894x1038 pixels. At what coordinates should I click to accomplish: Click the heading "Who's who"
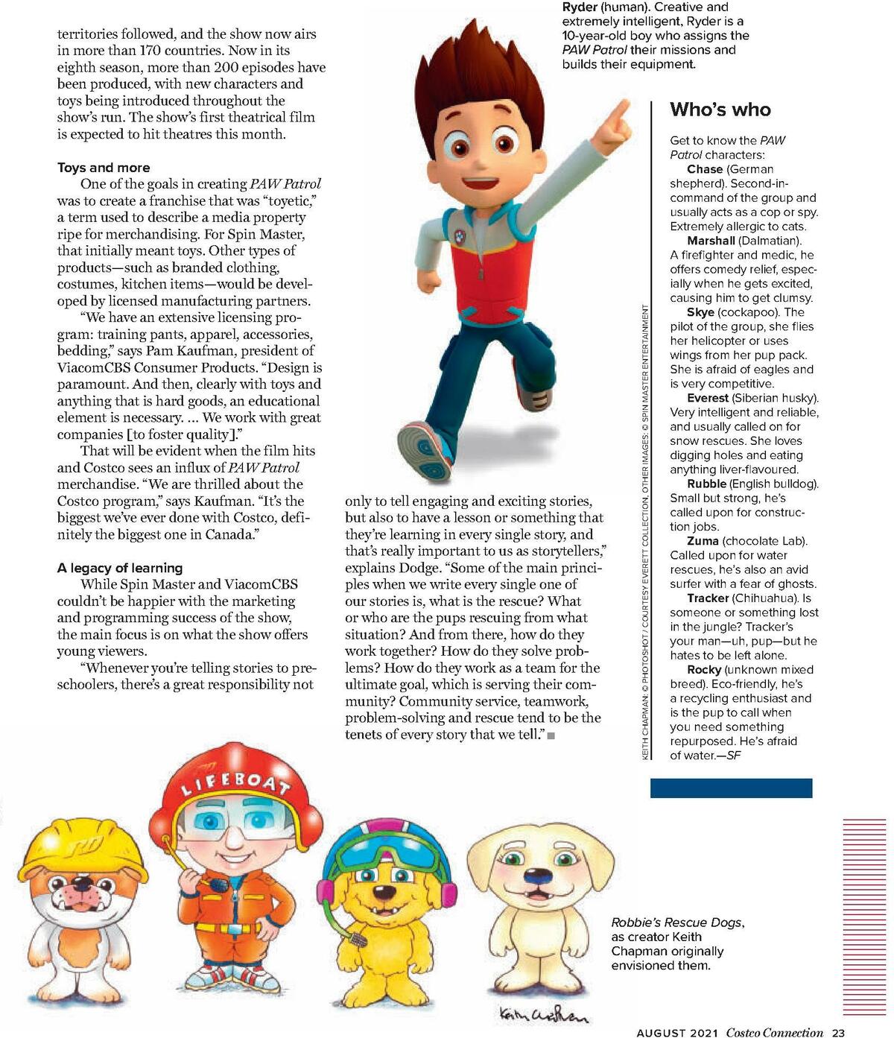(x=720, y=110)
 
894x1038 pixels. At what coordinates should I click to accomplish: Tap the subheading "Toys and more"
(x=104, y=168)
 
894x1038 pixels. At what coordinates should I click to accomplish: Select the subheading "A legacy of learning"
(x=119, y=568)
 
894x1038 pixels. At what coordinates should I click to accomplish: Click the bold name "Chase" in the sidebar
(x=704, y=169)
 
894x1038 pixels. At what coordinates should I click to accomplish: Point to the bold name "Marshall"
(x=711, y=241)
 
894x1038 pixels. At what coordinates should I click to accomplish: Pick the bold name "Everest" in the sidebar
(x=707, y=398)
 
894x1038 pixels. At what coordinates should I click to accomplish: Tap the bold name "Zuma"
(x=703, y=541)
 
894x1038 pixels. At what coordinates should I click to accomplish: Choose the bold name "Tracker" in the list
(x=708, y=598)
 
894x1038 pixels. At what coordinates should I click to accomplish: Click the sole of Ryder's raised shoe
(x=425, y=450)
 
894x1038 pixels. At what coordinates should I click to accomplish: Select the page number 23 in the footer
(x=838, y=1032)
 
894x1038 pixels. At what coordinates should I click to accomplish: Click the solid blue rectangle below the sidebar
(x=731, y=788)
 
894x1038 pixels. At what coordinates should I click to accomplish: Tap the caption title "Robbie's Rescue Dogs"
(x=676, y=923)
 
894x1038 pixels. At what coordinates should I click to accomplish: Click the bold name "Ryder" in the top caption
(x=580, y=7)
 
